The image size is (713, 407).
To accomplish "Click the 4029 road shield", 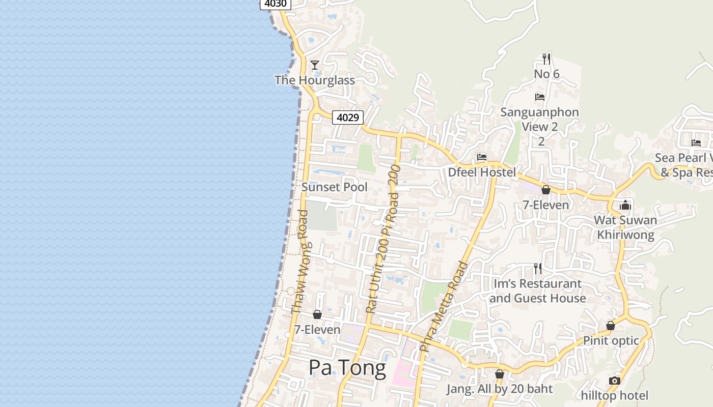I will coord(348,118).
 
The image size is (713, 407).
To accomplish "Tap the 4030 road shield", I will coord(276,4).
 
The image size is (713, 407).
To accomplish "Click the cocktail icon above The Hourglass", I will coord(315,65).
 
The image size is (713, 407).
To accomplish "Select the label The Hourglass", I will coord(315,80).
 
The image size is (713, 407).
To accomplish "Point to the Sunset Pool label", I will coord(334,187).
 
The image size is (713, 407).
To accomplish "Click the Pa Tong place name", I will coord(347,368).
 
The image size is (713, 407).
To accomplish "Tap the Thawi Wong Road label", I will coord(300,262).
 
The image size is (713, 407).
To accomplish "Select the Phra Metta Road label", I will coord(443,306).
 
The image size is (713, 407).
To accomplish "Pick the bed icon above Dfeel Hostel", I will coord(482,157).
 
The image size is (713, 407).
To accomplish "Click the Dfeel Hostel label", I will coord(482,172).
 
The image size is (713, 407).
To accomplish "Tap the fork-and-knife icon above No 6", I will coord(546,59).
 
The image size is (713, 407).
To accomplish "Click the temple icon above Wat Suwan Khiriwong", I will coord(625,206).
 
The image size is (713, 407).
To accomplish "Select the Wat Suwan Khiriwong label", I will coord(625,227).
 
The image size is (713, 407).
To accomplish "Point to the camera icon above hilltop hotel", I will coord(615,381).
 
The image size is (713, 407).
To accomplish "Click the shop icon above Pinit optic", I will coord(611,326).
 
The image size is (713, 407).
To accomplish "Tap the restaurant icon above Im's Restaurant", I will coord(538,268).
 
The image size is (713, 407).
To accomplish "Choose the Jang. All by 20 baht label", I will coord(500,389).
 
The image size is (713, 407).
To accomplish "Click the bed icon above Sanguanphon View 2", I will coord(540,97).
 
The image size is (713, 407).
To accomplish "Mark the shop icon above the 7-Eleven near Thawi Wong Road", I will coord(317,314).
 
